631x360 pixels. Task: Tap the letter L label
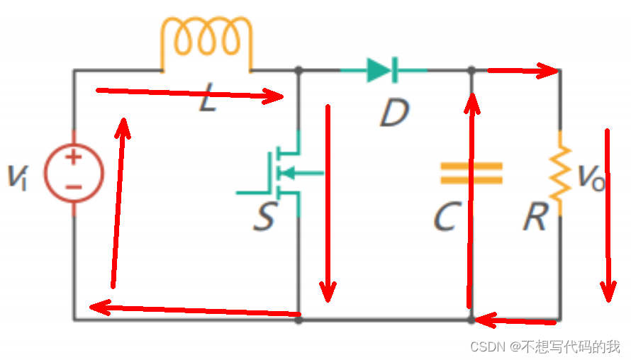pyautogui.click(x=208, y=97)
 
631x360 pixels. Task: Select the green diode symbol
pyautogui.click(x=383, y=70)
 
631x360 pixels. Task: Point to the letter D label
pyautogui.click(x=395, y=113)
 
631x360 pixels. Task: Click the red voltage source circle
pyautogui.click(x=74, y=173)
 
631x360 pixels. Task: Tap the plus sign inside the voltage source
pyautogui.click(x=74, y=157)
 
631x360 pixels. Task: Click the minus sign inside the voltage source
pyautogui.click(x=74, y=187)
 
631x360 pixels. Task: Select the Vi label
pyautogui.click(x=18, y=177)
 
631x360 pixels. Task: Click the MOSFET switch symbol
pyautogui.click(x=281, y=174)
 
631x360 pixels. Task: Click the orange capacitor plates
pyautogui.click(x=471, y=173)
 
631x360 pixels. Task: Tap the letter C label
pyautogui.click(x=447, y=216)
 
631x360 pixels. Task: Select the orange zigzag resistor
pyautogui.click(x=560, y=173)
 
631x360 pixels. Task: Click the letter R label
pyautogui.click(x=536, y=216)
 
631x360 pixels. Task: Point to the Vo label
pyautogui.click(x=591, y=177)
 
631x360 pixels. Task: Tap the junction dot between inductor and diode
pyautogui.click(x=298, y=70)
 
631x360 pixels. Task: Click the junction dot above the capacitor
pyautogui.click(x=471, y=70)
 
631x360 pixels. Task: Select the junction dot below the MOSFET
pyautogui.click(x=298, y=320)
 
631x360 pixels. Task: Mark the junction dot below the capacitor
pyautogui.click(x=471, y=320)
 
